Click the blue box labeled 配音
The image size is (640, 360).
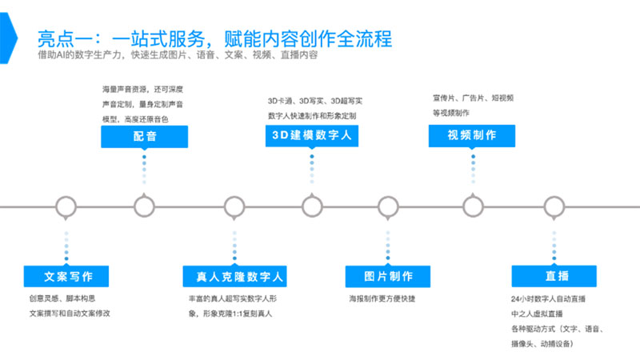[145, 137]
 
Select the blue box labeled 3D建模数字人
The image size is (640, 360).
[311, 137]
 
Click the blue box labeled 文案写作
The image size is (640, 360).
[68, 277]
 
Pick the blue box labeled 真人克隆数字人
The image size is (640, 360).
[234, 277]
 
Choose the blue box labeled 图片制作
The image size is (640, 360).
[389, 277]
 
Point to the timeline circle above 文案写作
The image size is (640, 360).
[67, 206]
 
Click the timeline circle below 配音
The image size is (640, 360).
[145, 206]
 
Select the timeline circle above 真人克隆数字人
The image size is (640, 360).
[234, 206]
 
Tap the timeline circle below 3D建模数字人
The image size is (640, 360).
[311, 206]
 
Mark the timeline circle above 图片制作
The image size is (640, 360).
[389, 206]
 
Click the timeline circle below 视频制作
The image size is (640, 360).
[473, 206]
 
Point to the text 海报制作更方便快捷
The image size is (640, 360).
[382, 299]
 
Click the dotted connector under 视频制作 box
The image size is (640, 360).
[473, 171]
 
